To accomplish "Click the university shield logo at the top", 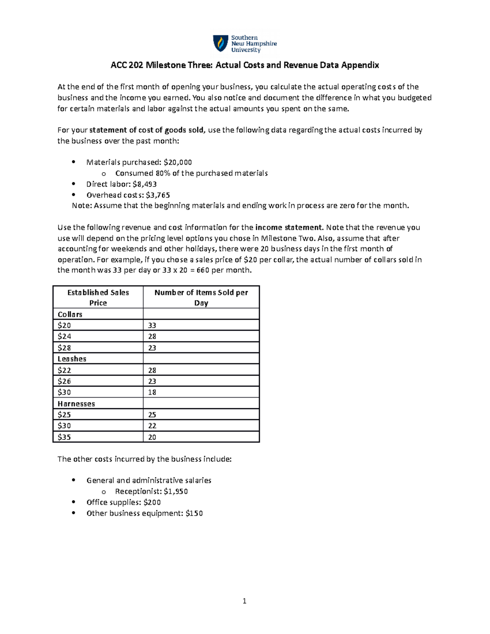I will (220, 43).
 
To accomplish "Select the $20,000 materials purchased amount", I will (178, 162).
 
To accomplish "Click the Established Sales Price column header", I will (98, 297).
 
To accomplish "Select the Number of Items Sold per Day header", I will (201, 297).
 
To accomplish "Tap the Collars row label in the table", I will (70, 314).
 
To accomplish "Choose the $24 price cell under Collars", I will (64, 336).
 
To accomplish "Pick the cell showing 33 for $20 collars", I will (152, 325).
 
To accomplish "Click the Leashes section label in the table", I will (72, 359).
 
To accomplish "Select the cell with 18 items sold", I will (152, 392).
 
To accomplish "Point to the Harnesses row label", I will (76, 404).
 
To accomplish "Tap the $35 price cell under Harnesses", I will (64, 437).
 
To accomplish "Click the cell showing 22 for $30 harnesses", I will (152, 426).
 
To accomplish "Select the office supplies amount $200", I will (152, 502).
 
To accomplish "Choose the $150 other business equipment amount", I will (194, 513).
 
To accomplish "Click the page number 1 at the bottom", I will (244, 601).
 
